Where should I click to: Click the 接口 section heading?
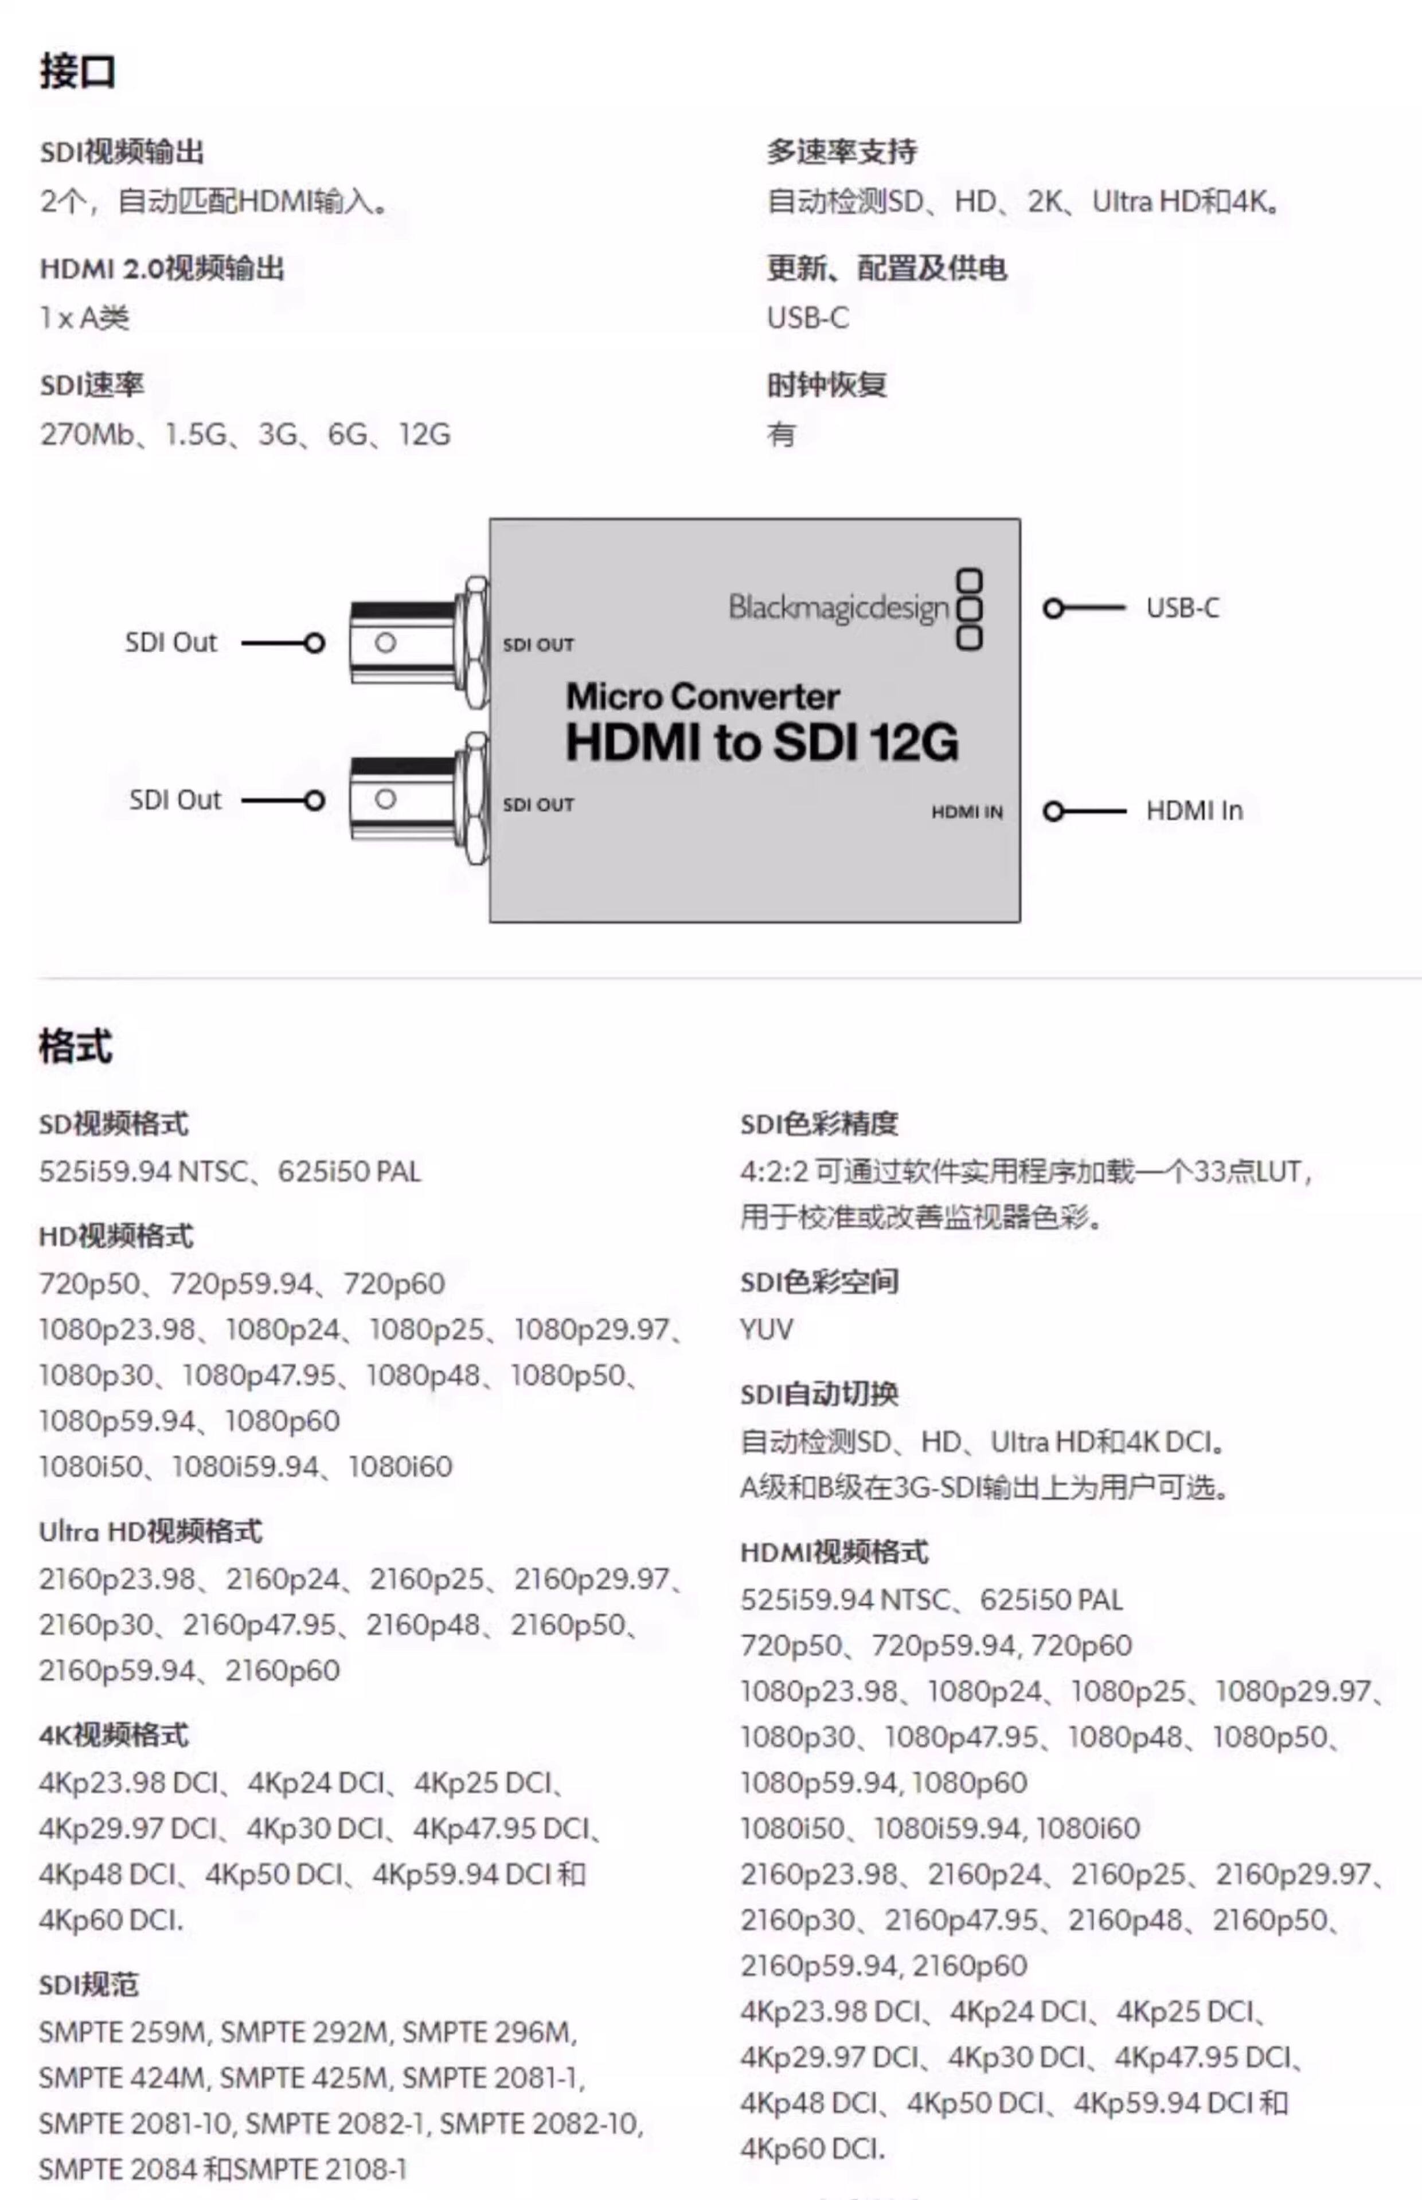(x=77, y=72)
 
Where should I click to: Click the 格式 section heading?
(x=76, y=1047)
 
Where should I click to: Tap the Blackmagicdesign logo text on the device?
(x=838, y=608)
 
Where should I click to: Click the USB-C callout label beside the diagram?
(x=1182, y=608)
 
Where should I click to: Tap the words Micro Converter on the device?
(x=703, y=696)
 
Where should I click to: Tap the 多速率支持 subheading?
(x=841, y=151)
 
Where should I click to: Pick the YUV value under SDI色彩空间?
(x=767, y=1329)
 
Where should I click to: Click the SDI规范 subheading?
(x=89, y=1985)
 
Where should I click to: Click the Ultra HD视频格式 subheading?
(x=150, y=1531)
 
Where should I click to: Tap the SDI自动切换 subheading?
(x=819, y=1394)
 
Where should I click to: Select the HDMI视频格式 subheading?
(x=834, y=1551)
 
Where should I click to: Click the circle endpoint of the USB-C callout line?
(x=1053, y=608)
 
